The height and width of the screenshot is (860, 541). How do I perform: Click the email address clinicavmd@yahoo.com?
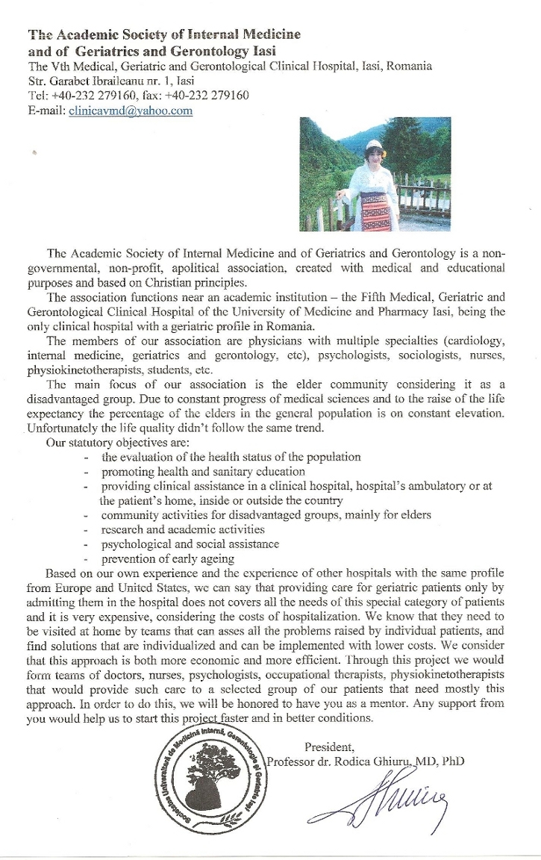click(131, 110)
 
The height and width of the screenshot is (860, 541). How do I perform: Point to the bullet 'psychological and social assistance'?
click(190, 543)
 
